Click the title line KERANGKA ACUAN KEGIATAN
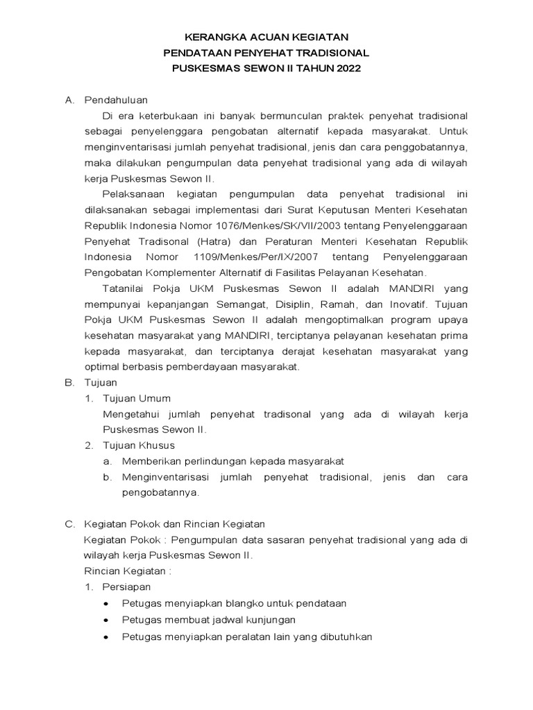coord(266,37)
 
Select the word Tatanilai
coord(126,288)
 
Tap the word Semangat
coord(252,304)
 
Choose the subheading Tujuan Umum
coord(136,398)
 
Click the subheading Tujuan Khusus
coord(139,445)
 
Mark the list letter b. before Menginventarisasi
coord(107,477)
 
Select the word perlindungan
coord(210,461)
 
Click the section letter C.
coord(69,524)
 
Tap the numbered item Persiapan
coord(126,587)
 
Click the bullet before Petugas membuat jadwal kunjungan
coord(106,620)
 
